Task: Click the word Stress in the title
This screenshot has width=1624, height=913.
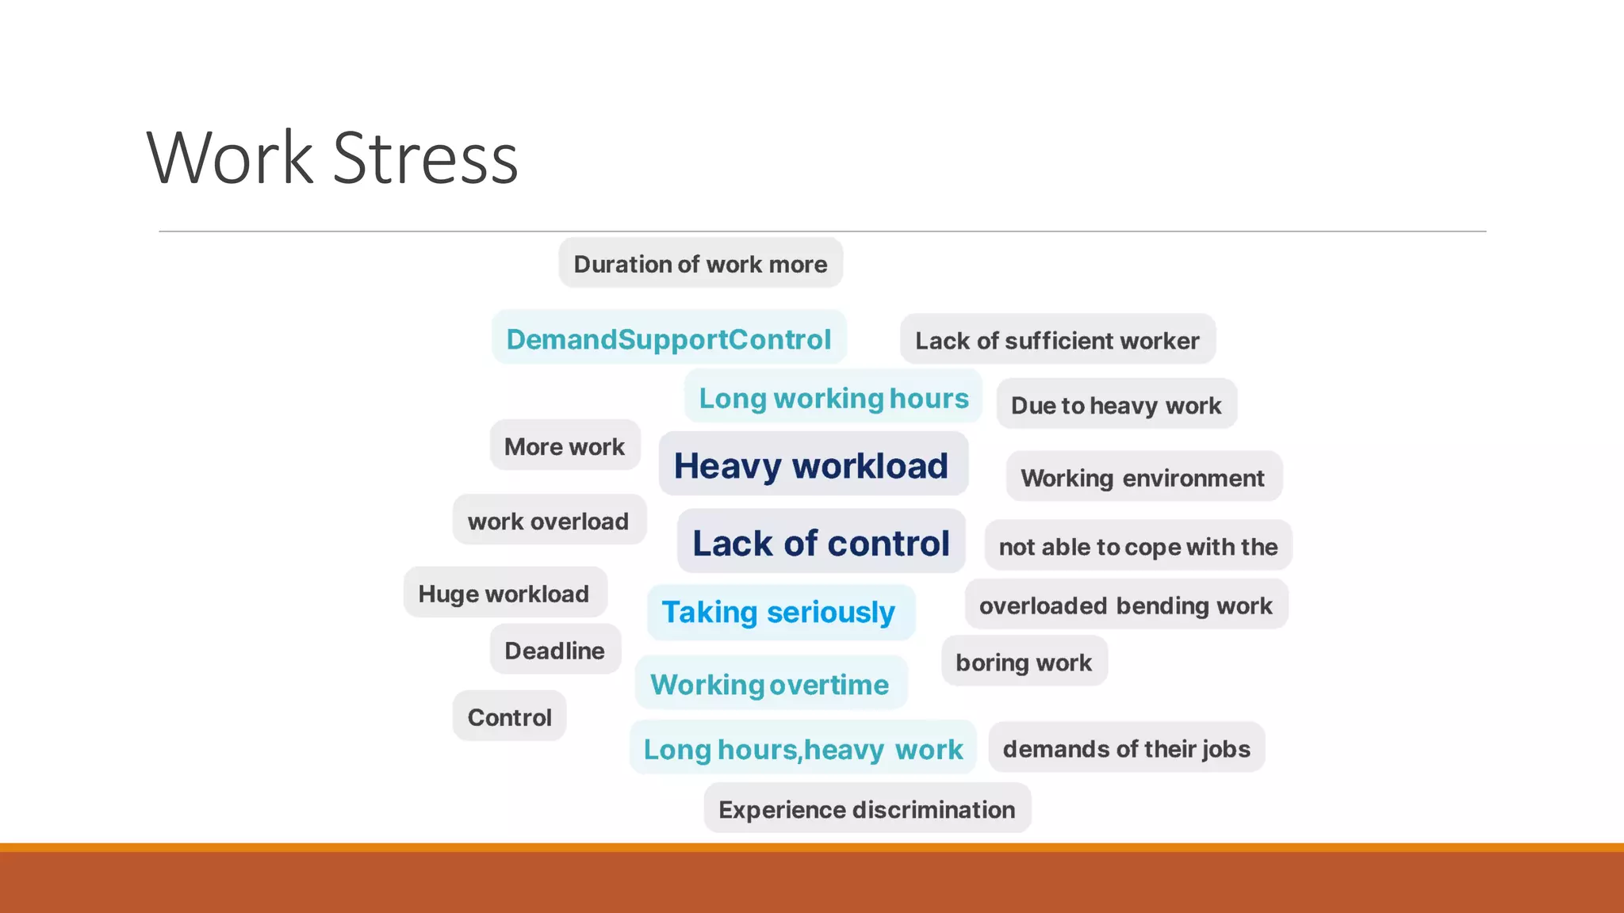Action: coord(425,159)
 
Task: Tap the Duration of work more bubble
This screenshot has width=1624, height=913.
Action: coord(700,263)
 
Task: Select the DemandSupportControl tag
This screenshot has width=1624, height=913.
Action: coord(668,338)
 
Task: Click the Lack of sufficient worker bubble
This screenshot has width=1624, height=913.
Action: coord(1057,340)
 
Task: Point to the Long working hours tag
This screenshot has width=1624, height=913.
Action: coord(833,397)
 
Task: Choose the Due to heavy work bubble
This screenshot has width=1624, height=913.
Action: coord(1116,405)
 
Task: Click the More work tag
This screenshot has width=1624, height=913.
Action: coord(565,446)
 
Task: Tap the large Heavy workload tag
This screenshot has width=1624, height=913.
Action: coord(811,465)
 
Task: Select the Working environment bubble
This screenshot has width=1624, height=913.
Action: coord(1143,477)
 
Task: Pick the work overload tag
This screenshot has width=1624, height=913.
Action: coord(548,521)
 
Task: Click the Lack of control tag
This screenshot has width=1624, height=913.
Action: coord(821,543)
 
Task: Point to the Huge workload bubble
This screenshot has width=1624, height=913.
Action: coord(504,593)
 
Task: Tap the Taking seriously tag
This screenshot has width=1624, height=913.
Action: coord(779,612)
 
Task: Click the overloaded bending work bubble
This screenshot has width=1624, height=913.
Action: coord(1125,605)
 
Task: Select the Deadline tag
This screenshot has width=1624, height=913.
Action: coord(554,650)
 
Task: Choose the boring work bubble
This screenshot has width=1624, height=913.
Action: coord(1024,662)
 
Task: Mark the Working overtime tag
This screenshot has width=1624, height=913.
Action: coord(770,684)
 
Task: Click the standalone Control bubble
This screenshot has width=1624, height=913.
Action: coord(509,716)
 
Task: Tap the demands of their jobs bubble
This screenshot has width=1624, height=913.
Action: coord(1126,748)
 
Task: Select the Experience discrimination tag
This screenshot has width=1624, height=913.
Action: coord(867,809)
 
